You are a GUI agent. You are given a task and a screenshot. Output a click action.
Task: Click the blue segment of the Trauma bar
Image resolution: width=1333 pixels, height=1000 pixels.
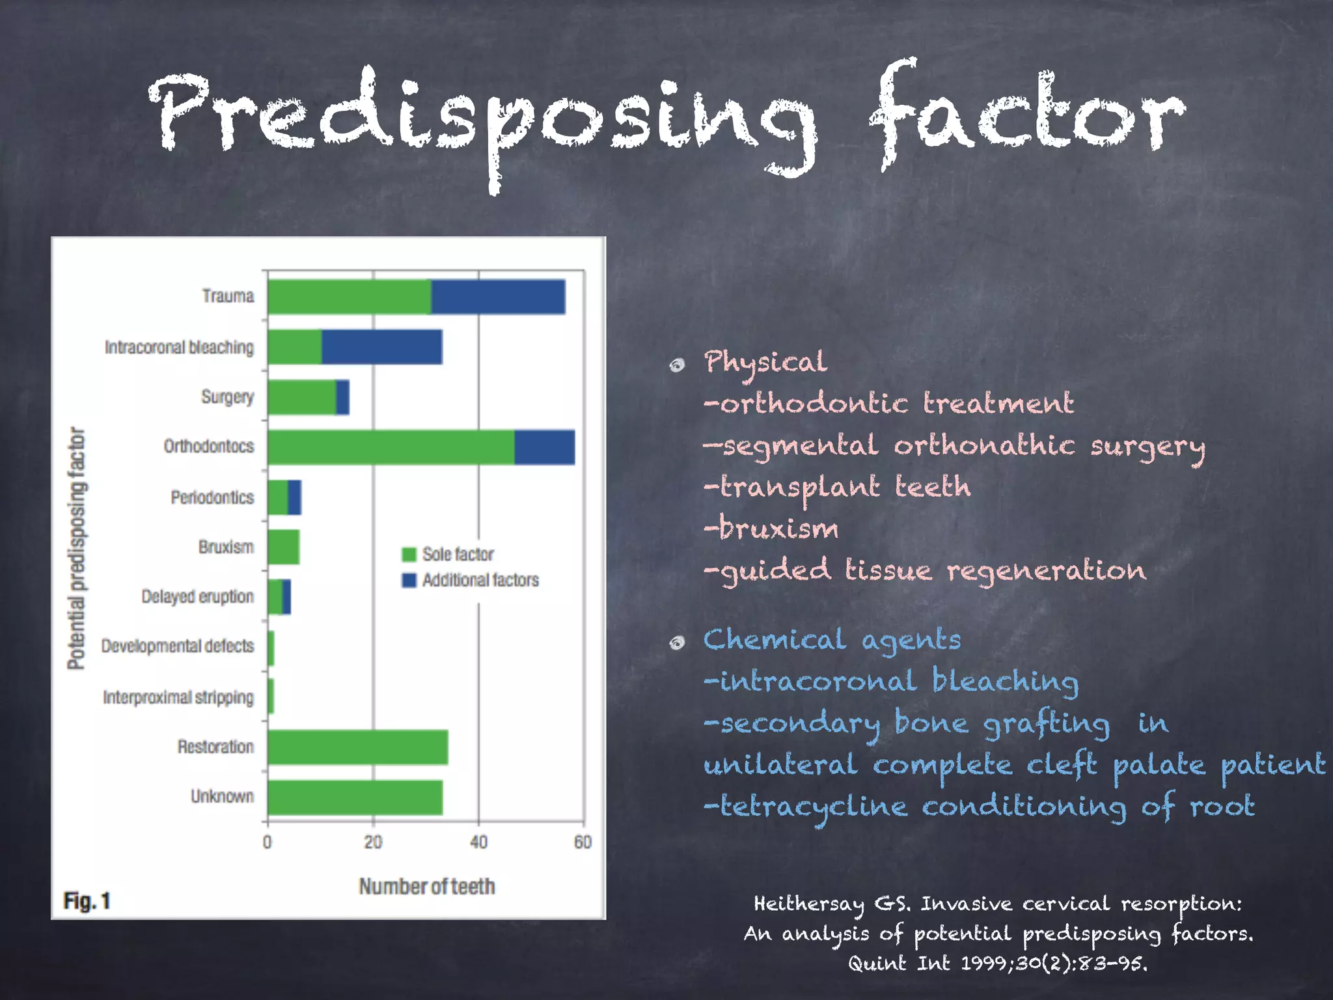498,297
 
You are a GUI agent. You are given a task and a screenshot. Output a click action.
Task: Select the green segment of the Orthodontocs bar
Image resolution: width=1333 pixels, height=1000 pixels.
391,447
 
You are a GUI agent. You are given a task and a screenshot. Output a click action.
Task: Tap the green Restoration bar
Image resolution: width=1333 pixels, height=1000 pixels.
357,747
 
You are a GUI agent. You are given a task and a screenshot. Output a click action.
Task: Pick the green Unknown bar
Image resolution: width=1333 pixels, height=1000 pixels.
355,798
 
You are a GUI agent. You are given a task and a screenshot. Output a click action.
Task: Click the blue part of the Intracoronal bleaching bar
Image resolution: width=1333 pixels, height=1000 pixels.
382,347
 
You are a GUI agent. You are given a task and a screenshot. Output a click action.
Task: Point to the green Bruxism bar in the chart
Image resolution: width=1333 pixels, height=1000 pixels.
283,547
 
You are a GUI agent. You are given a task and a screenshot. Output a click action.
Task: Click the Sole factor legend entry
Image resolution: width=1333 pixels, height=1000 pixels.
448,554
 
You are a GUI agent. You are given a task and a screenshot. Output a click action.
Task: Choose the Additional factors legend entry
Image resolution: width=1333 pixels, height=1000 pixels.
471,580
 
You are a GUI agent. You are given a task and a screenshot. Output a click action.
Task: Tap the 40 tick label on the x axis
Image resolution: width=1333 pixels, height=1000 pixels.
478,842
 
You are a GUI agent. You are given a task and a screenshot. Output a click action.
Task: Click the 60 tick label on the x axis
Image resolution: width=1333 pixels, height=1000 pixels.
583,842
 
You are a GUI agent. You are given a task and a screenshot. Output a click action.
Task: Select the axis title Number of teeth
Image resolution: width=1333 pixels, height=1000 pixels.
427,887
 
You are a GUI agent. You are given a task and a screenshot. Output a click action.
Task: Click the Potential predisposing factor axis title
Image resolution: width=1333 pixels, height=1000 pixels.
77,548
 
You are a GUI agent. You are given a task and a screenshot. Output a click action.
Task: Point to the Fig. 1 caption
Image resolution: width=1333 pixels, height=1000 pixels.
87,901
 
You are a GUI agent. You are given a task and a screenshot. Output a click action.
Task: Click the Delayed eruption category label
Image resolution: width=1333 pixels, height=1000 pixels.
197,597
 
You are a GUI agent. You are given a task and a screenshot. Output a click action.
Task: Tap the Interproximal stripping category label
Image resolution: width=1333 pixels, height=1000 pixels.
178,698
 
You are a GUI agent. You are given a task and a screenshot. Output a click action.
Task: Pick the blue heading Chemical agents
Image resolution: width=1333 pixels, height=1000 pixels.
832,640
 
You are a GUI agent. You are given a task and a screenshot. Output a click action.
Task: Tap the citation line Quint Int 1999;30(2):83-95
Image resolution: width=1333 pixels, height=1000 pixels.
997,963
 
